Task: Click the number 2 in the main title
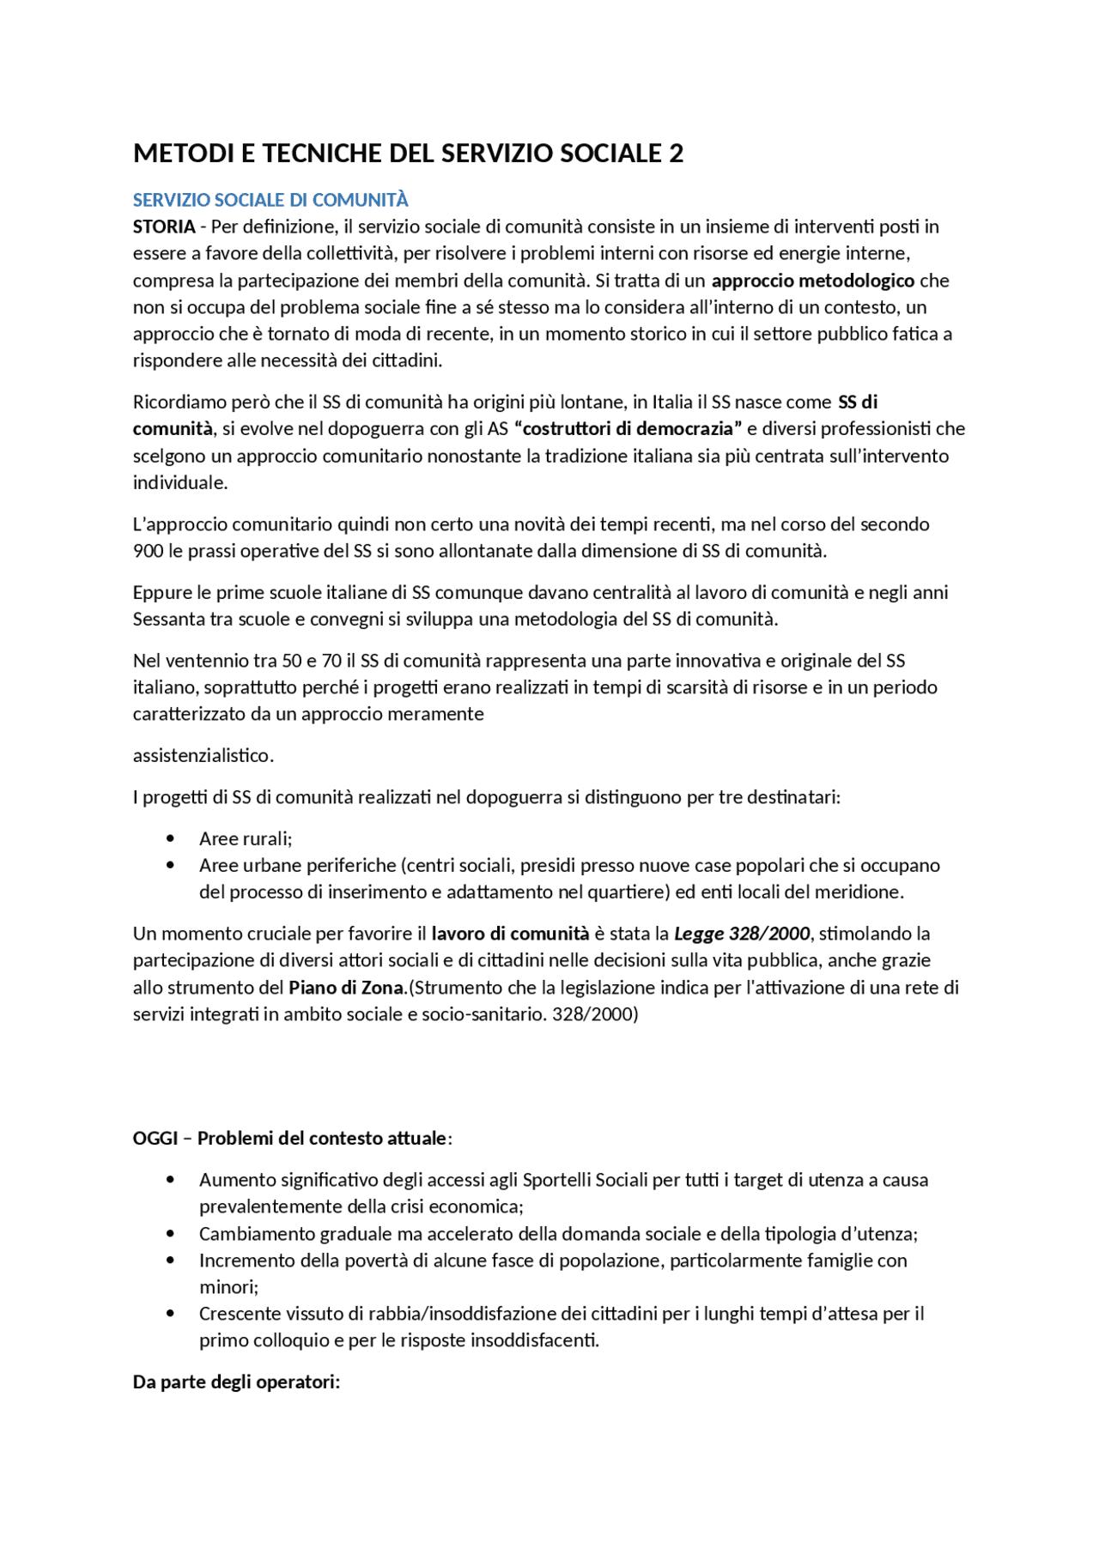pyautogui.click(x=676, y=154)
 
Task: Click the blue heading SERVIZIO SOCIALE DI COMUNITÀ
pyautogui.click(x=270, y=200)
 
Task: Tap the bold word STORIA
pyautogui.click(x=164, y=227)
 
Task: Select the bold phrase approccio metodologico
pyautogui.click(x=812, y=281)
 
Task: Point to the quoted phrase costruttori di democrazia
pyautogui.click(x=628, y=428)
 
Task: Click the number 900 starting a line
pyautogui.click(x=148, y=551)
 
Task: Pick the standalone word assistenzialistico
pyautogui.click(x=203, y=756)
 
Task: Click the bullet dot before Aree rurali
pyautogui.click(x=170, y=838)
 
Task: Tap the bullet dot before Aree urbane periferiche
pyautogui.click(x=170, y=865)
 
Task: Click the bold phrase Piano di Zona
pyautogui.click(x=346, y=988)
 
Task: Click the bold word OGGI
pyautogui.click(x=155, y=1139)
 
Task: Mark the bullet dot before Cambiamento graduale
pyautogui.click(x=170, y=1234)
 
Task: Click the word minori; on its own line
pyautogui.click(x=228, y=1287)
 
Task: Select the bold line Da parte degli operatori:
pyautogui.click(x=236, y=1382)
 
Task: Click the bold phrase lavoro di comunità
pyautogui.click(x=510, y=934)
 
